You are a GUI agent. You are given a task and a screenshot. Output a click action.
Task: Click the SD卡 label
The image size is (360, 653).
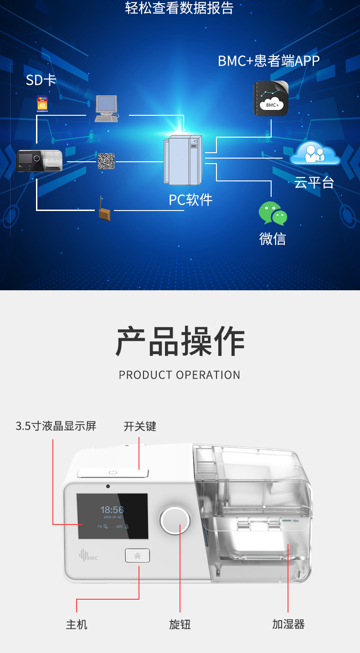[x=41, y=80]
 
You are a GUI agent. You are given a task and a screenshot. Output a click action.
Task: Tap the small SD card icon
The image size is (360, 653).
[x=42, y=104]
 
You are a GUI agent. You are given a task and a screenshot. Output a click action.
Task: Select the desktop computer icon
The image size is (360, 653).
[x=106, y=108]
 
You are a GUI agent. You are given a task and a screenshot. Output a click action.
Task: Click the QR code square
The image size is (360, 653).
[x=106, y=161]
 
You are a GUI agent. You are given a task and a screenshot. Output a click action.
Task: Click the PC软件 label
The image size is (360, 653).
[x=190, y=200]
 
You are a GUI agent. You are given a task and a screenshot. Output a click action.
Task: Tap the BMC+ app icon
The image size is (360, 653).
[x=271, y=98]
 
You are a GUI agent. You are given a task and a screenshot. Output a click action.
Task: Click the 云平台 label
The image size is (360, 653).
[x=314, y=182]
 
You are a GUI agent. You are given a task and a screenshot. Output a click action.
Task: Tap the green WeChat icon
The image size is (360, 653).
[x=273, y=213]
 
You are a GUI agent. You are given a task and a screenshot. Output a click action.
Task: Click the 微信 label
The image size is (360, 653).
[x=273, y=238]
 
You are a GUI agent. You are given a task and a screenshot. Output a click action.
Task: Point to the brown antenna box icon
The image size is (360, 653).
[x=104, y=213]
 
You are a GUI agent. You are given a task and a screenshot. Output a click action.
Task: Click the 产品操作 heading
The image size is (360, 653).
[x=180, y=341]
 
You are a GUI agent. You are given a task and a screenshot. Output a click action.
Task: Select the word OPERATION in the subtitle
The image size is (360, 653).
[x=208, y=375]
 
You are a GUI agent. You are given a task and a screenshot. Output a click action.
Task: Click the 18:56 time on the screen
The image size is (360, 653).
[x=112, y=510]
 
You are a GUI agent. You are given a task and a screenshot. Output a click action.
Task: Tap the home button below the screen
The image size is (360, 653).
[x=137, y=555]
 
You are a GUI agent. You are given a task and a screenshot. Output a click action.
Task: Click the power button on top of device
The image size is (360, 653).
[x=113, y=473]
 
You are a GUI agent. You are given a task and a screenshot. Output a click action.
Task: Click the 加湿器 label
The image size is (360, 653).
[x=288, y=624]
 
